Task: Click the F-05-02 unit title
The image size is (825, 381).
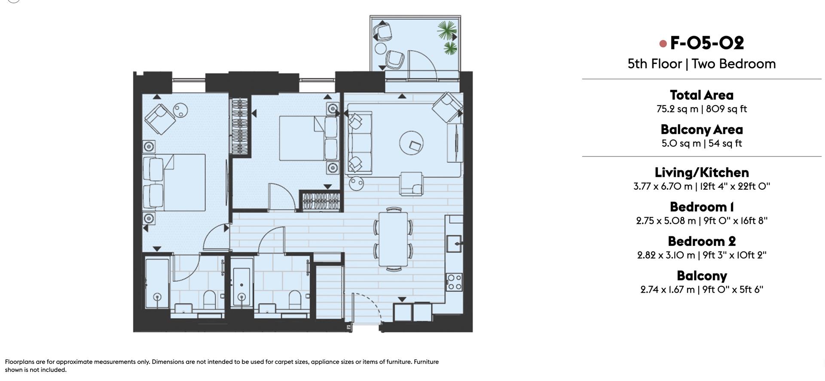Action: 706,43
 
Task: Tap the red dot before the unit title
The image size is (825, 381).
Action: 663,43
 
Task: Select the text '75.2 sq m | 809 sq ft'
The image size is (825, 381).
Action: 701,109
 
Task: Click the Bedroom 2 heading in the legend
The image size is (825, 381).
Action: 701,241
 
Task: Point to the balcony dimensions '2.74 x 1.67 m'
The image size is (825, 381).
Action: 667,290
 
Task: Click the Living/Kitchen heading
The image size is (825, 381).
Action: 701,172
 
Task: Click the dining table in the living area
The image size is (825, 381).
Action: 393,239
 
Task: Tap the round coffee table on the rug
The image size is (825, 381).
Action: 411,143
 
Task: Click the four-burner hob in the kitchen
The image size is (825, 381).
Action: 454,282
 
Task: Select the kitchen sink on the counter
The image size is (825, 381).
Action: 454,243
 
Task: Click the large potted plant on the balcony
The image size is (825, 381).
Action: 447,30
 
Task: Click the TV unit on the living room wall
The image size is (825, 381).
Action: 455,143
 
